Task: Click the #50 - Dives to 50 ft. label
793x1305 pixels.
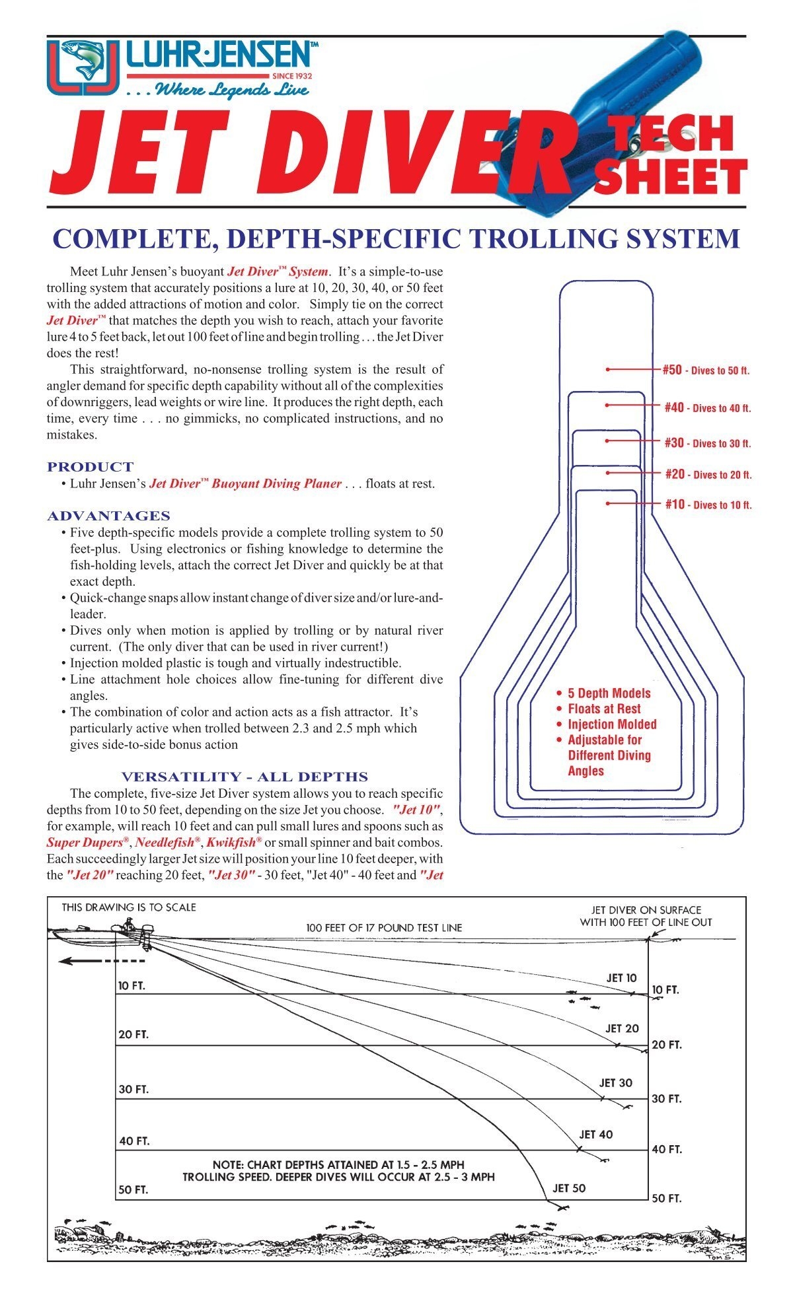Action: pyautogui.click(x=706, y=370)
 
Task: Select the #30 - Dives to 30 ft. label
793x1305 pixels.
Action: pyautogui.click(x=707, y=443)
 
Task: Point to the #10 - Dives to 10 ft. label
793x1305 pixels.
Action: pyautogui.click(x=708, y=505)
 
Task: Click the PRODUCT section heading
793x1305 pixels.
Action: pyautogui.click(x=90, y=467)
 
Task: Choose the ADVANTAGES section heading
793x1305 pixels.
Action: pyautogui.click(x=108, y=516)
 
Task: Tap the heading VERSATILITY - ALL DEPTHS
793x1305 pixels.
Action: pyautogui.click(x=245, y=777)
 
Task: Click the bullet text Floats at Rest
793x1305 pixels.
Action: pyautogui.click(x=604, y=709)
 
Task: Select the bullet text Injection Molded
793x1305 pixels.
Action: pyautogui.click(x=612, y=724)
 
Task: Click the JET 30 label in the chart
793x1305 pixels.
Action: pyautogui.click(x=615, y=1082)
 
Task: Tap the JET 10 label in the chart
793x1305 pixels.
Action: pyautogui.click(x=621, y=977)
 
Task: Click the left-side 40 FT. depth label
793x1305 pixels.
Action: pyautogui.click(x=134, y=1141)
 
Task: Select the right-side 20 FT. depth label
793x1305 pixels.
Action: pyautogui.click(x=666, y=1045)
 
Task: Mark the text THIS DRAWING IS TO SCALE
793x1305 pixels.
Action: pyautogui.click(x=129, y=907)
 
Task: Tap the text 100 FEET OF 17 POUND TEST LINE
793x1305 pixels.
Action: pyautogui.click(x=384, y=928)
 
